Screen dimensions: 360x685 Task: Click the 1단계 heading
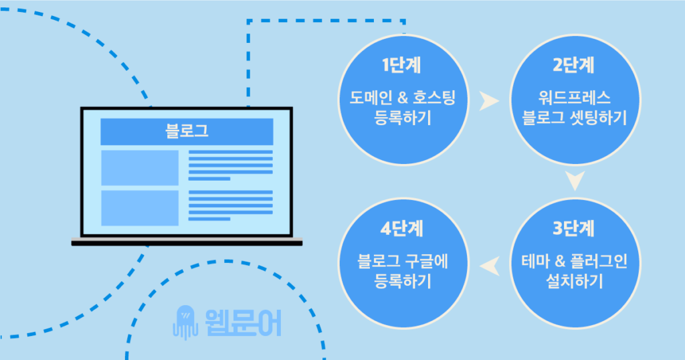pos(402,65)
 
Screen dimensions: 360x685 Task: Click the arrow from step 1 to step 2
pos(489,102)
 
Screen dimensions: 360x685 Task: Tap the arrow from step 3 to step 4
pos(490,266)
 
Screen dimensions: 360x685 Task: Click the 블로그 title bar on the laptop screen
pos(187,131)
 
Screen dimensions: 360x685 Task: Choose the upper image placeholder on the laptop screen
pos(140,167)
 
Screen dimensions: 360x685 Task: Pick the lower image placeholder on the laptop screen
pos(140,207)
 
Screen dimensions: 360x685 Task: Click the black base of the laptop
pos(187,242)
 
